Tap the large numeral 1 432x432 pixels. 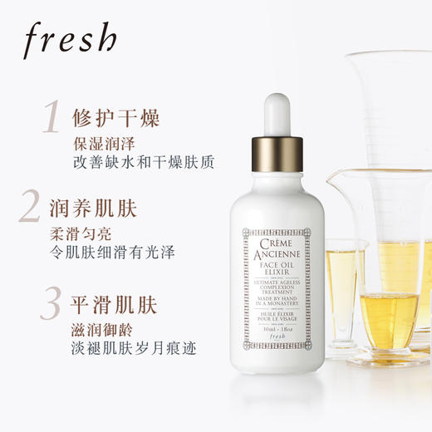click(x=52, y=115)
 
